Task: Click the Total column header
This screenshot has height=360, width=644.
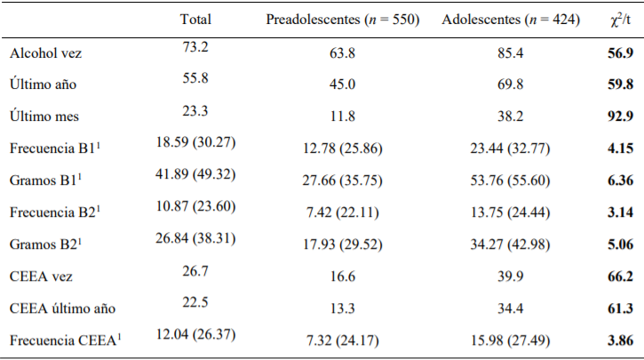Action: [195, 19]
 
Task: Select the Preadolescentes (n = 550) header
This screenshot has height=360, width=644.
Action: [343, 19]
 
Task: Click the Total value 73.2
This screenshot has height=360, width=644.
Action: [195, 46]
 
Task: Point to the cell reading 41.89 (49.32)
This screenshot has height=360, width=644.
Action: [195, 174]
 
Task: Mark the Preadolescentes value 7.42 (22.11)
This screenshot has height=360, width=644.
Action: [343, 212]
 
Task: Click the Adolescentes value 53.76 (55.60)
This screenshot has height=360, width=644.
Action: [511, 180]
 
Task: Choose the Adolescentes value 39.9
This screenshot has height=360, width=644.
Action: [511, 276]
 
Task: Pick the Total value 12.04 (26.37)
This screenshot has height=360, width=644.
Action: [195, 335]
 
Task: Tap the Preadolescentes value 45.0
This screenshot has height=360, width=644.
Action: [343, 84]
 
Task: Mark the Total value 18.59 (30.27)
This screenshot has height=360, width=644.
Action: [195, 142]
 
